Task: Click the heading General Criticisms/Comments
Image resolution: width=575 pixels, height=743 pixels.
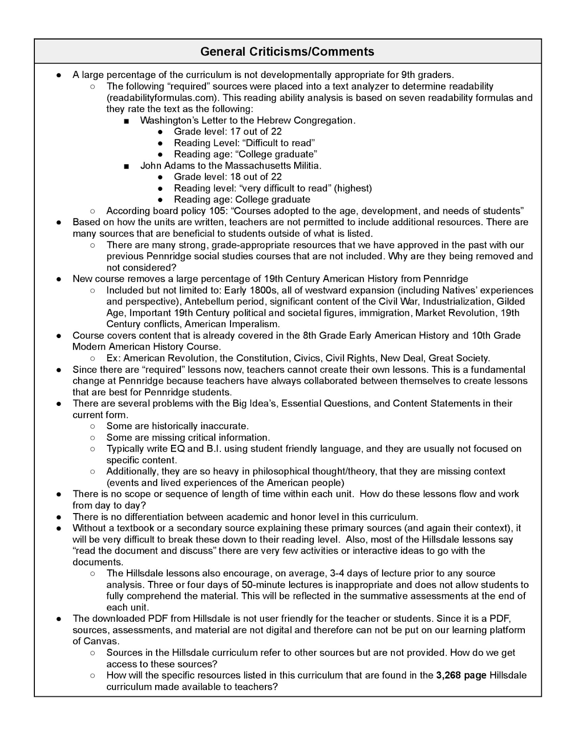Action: [x=287, y=51]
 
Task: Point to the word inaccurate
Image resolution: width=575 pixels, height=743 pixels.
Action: [x=225, y=426]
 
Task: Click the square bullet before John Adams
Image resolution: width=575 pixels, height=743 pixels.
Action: [x=126, y=166]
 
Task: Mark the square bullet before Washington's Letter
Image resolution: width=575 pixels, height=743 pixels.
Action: [x=126, y=121]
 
